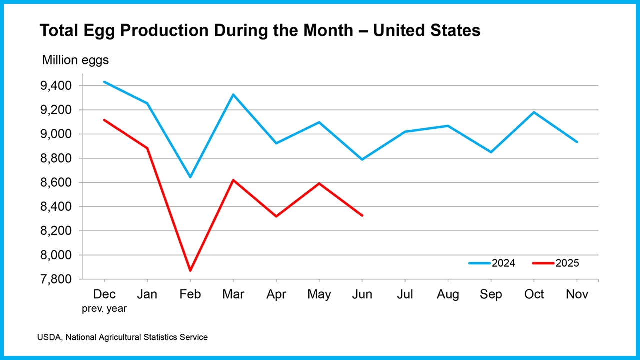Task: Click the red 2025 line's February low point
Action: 190,270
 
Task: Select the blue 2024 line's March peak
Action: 233,94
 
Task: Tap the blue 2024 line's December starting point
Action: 104,82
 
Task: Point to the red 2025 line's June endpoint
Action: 362,215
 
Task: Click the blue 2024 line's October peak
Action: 534,112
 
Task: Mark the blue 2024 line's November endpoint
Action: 577,142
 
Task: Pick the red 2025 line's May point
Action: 319,183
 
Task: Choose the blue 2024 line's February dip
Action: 190,177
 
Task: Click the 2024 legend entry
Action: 492,263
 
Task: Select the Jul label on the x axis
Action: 405,295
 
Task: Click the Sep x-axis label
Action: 491,295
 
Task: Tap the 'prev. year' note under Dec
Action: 104,308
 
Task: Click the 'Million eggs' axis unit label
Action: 75,60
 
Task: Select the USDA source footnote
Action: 122,337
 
